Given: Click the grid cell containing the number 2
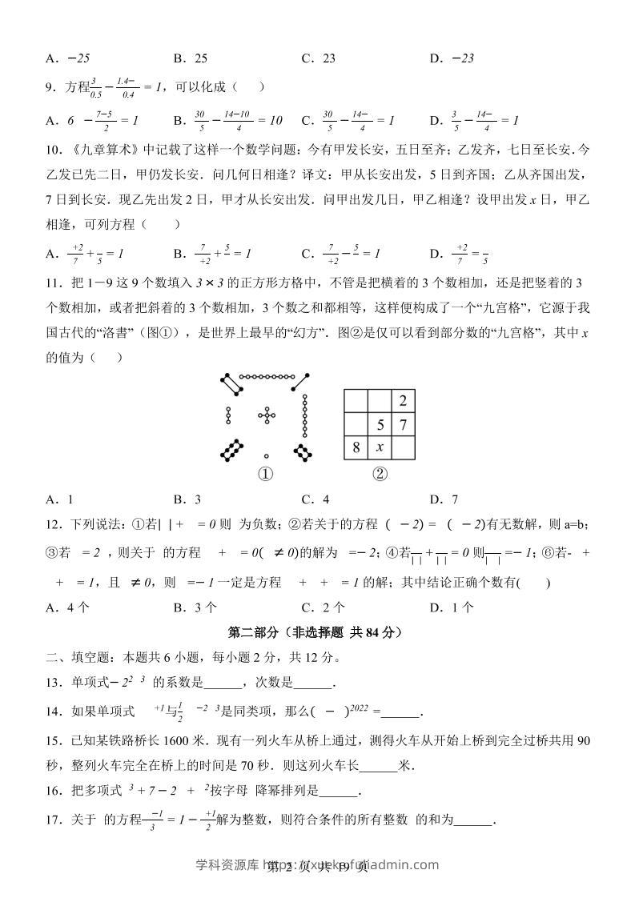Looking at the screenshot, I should point(404,401).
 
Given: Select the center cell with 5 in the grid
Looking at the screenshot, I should point(380,424).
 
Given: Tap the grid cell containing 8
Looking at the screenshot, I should point(356,447).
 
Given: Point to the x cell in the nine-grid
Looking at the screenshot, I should point(380,447).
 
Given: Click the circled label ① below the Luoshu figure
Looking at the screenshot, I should point(265,474).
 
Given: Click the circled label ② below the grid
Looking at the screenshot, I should point(380,474).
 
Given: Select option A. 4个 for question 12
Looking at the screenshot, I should point(67,607).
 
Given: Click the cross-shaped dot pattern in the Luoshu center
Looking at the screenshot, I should point(266,415).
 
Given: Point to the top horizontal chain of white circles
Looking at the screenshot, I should point(266,375).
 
